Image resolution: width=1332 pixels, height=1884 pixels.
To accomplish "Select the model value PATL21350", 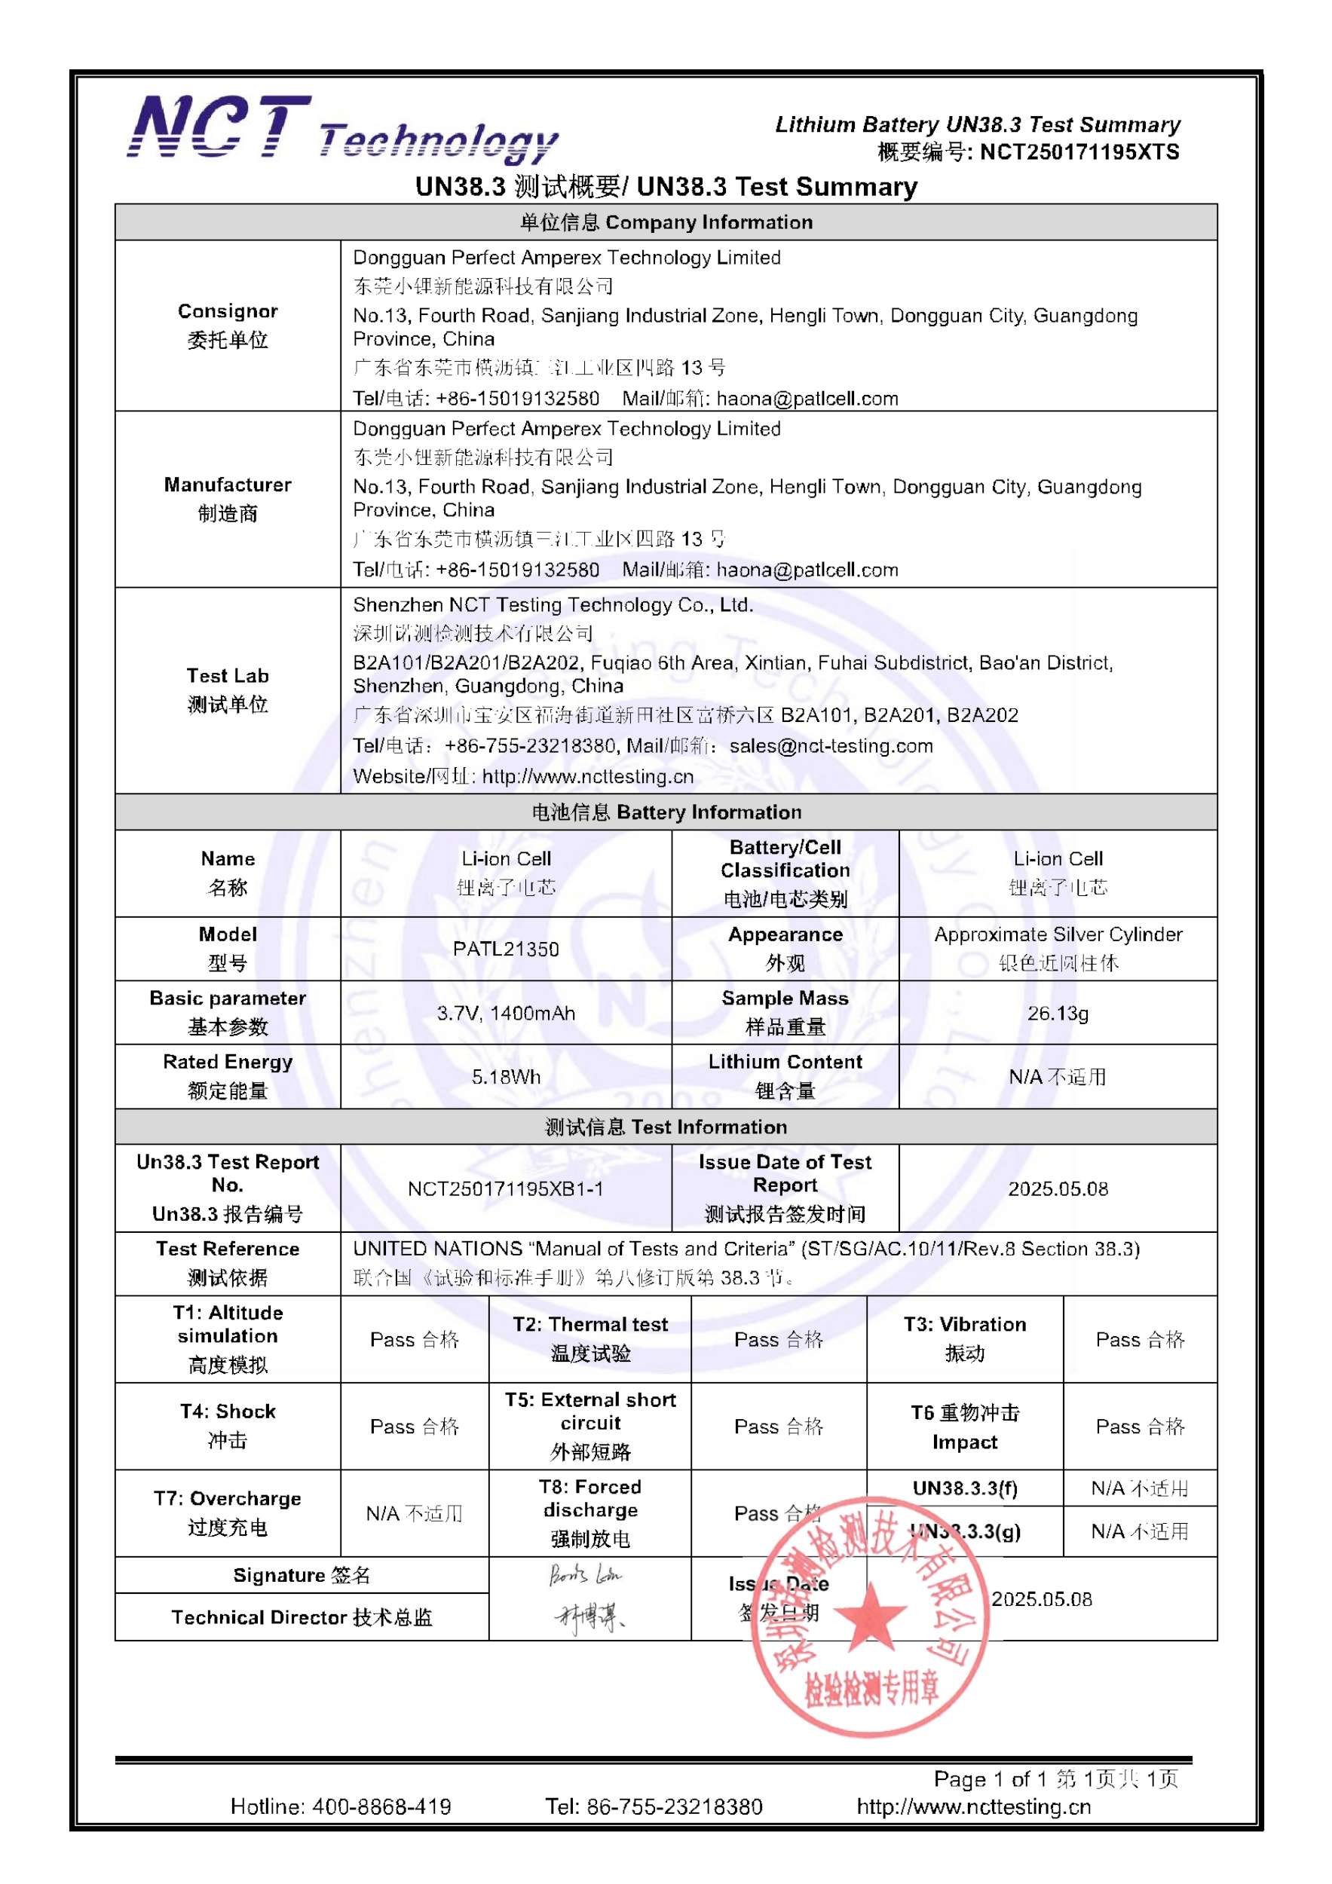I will [506, 949].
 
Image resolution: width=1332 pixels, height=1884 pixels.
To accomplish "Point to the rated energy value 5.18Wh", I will [506, 1077].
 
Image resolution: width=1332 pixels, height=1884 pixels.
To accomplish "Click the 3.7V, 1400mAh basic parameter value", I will [506, 1013].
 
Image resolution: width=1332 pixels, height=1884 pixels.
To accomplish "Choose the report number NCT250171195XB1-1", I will [506, 1188].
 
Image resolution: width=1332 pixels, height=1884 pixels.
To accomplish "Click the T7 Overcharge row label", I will [228, 1512].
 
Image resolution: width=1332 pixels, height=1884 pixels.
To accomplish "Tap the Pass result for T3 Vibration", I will [1139, 1339].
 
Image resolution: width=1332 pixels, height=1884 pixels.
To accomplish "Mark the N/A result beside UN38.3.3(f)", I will [1139, 1488].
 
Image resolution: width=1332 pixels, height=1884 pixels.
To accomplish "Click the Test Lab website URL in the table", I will [588, 776].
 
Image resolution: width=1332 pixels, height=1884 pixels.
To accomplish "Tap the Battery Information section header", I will [666, 812].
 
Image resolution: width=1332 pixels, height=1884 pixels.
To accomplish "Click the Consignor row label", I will [228, 325].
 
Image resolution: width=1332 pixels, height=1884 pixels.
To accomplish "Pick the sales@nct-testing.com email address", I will [831, 746].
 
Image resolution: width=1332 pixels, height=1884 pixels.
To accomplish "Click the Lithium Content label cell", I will [785, 1075].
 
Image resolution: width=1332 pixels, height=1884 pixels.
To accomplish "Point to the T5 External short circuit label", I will [590, 1425].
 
